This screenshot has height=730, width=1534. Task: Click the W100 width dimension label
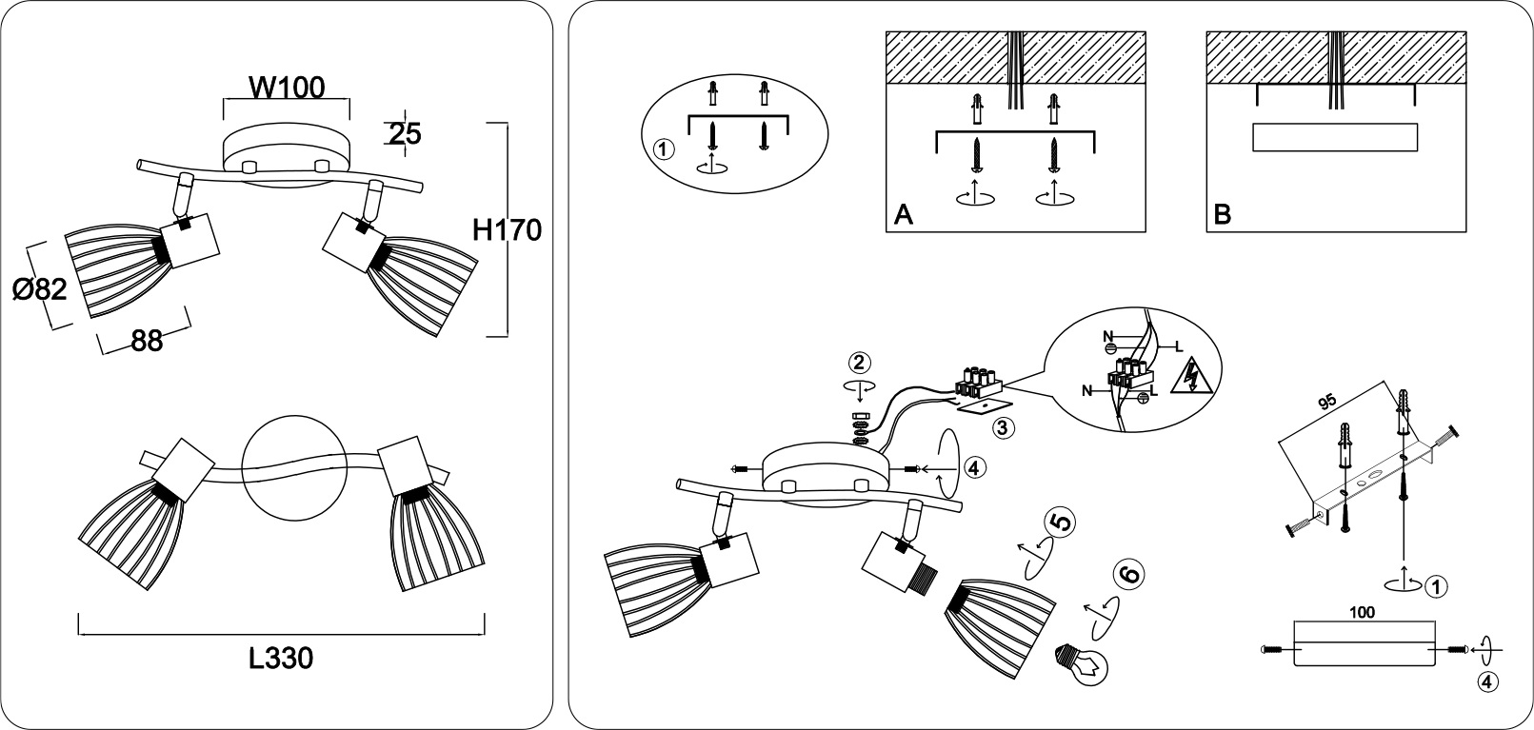tap(287, 88)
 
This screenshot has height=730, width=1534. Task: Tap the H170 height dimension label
tap(507, 230)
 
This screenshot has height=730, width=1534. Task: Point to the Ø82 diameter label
tap(41, 289)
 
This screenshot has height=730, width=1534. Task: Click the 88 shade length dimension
tap(146, 340)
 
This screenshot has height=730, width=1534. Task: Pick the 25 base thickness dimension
tap(405, 134)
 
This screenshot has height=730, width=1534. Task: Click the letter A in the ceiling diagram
tap(903, 215)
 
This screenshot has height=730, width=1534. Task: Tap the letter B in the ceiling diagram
tap(1222, 215)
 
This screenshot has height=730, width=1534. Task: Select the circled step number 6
tap(1128, 574)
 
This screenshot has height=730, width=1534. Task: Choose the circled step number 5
tap(1060, 523)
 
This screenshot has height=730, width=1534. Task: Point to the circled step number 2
tap(859, 363)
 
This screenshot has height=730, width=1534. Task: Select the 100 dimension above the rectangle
tap(1363, 613)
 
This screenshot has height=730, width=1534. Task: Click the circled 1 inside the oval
tap(664, 150)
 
